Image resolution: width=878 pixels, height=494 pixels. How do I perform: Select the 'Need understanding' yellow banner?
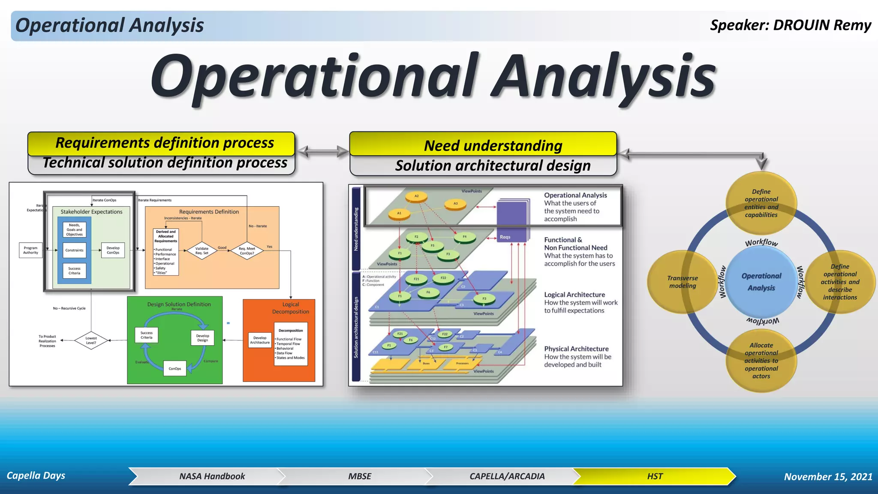click(x=483, y=145)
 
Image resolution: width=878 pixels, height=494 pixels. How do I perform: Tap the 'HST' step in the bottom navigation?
click(x=654, y=476)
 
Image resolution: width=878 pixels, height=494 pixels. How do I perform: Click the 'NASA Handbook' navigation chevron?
click(x=212, y=476)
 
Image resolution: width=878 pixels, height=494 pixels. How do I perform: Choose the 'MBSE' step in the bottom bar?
click(x=359, y=476)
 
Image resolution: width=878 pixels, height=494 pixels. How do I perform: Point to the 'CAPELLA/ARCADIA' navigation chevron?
click(x=507, y=476)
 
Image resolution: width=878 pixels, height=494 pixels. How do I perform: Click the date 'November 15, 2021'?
click(x=828, y=477)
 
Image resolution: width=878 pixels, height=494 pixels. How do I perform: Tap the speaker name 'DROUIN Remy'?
click(x=822, y=25)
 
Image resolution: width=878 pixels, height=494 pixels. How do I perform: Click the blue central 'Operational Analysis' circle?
click(x=761, y=282)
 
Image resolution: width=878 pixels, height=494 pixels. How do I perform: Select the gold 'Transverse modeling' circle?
click(x=682, y=282)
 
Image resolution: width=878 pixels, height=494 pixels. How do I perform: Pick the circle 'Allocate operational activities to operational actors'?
click(x=761, y=360)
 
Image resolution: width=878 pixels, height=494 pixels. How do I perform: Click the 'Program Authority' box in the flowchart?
click(x=30, y=250)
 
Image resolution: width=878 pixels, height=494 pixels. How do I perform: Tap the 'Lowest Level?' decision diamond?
click(x=91, y=340)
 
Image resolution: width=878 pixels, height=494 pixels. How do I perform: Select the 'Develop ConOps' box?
click(x=113, y=250)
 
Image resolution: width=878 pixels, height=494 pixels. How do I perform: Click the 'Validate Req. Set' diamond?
click(x=202, y=250)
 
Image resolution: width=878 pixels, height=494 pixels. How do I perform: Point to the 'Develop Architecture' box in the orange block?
click(x=260, y=340)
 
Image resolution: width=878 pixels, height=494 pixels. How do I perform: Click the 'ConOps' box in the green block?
click(x=175, y=369)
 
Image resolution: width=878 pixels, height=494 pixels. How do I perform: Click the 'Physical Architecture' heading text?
click(x=576, y=349)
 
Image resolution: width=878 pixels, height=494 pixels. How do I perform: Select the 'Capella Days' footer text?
click(x=36, y=476)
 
